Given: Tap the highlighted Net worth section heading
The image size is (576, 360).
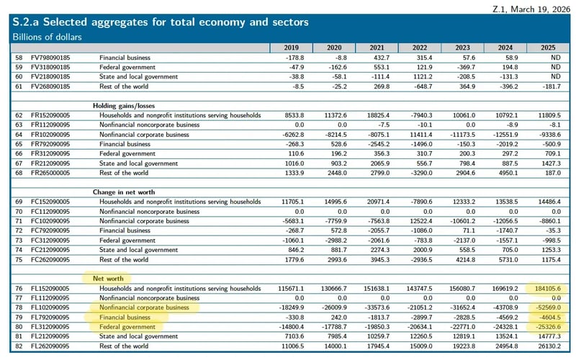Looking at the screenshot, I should (99, 276).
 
